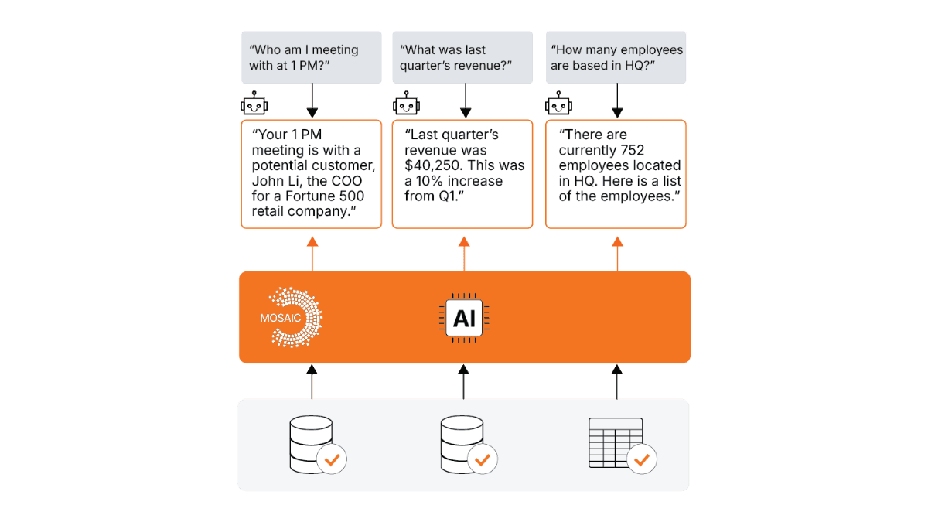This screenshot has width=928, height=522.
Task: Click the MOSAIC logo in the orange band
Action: pos(292,317)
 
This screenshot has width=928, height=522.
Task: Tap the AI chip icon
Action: pos(464,318)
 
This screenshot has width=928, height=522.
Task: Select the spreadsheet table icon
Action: pos(616,442)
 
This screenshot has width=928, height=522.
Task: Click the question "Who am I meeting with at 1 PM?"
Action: pos(304,57)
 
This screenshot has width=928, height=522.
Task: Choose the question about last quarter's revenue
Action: pos(455,57)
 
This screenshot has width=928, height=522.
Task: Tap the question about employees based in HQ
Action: pos(616,57)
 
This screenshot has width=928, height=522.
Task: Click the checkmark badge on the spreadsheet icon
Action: pos(641,459)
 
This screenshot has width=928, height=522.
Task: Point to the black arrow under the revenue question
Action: pos(466,101)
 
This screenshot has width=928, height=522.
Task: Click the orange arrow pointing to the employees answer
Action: pos(617,254)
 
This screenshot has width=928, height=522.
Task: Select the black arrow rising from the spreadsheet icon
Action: pos(617,381)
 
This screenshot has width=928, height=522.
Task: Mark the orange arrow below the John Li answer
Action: pos(312,254)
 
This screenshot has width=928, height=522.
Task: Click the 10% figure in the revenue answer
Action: pos(430,181)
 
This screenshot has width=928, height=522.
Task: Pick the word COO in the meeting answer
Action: pos(346,181)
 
